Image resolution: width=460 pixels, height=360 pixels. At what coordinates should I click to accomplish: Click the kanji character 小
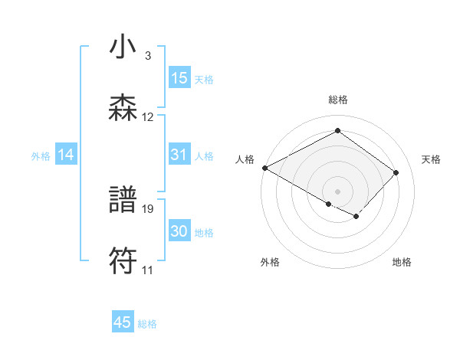(123, 48)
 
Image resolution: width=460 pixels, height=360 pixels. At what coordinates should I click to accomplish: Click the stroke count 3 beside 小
(147, 56)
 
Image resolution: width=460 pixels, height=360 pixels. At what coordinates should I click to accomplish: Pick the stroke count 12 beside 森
(148, 117)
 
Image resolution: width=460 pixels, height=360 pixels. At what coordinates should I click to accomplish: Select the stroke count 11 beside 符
(147, 270)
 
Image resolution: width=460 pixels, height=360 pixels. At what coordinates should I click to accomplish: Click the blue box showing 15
(179, 78)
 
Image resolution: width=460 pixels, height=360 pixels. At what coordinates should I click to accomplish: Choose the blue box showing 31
(179, 155)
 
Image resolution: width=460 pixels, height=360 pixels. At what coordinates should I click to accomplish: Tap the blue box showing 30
(179, 231)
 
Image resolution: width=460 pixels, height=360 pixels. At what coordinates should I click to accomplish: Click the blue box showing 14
(66, 155)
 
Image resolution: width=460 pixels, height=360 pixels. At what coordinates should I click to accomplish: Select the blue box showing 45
(123, 322)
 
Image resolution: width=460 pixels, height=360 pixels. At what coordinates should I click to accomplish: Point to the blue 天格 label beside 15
(204, 80)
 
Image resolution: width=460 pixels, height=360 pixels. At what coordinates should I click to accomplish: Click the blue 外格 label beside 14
(41, 156)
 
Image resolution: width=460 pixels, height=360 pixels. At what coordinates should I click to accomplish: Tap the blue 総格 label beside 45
(147, 324)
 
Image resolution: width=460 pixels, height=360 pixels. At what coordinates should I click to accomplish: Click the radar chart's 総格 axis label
(337, 100)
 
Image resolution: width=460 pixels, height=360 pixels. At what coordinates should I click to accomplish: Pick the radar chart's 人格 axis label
(245, 159)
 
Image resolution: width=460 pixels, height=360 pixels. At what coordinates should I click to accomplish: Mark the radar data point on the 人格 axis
(264, 168)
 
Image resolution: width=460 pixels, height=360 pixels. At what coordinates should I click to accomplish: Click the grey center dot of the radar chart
(337, 191)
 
